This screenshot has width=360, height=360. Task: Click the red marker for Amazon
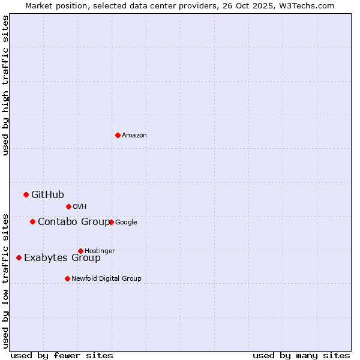click(x=118, y=135)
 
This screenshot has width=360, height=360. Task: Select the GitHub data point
click(x=26, y=194)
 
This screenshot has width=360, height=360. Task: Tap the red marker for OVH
click(x=68, y=206)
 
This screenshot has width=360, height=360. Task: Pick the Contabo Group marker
click(x=32, y=221)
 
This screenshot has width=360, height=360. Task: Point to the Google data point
click(x=111, y=222)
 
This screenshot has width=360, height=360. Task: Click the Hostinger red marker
click(x=80, y=251)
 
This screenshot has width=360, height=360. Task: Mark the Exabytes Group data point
click(x=19, y=257)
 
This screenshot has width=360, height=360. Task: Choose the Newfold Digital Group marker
click(x=67, y=278)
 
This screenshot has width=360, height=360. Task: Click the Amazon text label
click(x=134, y=136)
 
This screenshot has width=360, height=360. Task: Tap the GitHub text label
click(x=47, y=194)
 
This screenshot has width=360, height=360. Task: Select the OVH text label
click(x=79, y=207)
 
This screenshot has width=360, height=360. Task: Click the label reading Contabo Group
click(x=74, y=222)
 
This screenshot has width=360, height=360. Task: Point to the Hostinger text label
click(x=100, y=251)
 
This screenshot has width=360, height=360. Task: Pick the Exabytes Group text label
click(x=62, y=258)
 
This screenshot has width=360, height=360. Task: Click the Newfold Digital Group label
click(x=106, y=278)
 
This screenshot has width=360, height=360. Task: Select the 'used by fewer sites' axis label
click(x=62, y=355)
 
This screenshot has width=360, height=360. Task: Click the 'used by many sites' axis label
click(x=301, y=355)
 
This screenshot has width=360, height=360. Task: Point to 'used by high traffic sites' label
click(x=5, y=85)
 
